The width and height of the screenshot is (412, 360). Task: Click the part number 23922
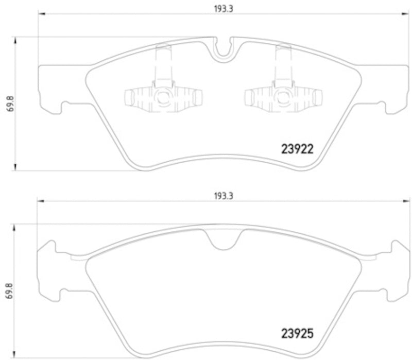tap(297, 149)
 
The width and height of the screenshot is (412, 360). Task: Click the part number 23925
tap(297, 334)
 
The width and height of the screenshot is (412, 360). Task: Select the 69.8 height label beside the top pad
tap(8, 103)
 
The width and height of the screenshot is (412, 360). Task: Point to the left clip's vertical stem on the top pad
tap(163, 64)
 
